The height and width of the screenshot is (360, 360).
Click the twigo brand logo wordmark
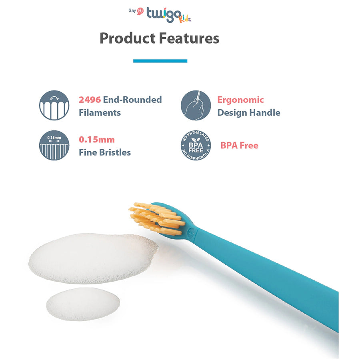point(164,15)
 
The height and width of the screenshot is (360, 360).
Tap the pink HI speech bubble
point(140,11)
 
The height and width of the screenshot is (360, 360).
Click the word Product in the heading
point(128,38)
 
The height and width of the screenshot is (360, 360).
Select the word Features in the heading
point(189,38)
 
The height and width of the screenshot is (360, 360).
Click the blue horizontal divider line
point(160,61)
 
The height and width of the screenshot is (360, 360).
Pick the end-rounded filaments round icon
point(54,105)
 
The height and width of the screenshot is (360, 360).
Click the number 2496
point(90,100)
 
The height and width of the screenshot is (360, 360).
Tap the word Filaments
point(100,112)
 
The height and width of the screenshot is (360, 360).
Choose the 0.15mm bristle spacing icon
point(54,145)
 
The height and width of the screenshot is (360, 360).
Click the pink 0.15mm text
point(97,140)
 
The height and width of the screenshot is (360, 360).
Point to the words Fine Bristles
point(105,152)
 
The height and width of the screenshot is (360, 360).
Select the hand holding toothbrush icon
point(196,105)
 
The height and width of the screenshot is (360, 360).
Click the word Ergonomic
point(241,100)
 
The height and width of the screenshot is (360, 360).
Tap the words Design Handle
point(249,112)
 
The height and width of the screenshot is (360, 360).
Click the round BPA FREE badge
point(196,145)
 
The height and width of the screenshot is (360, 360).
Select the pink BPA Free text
point(240,145)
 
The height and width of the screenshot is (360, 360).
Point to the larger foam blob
point(93,258)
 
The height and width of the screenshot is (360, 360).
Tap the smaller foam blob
point(83,304)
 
